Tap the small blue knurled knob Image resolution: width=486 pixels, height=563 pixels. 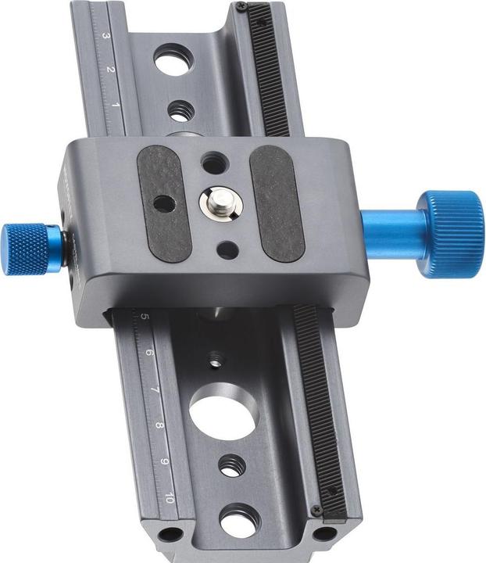(25, 249)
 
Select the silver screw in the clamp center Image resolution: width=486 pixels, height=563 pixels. (220, 203)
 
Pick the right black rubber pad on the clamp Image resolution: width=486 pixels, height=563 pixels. (277, 203)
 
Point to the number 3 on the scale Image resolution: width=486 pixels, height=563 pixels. (105, 37)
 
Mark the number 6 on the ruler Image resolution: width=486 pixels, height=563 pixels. (149, 353)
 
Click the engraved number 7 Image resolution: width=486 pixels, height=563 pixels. (155, 389)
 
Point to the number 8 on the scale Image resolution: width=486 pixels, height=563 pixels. (159, 425)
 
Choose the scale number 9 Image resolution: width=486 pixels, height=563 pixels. (165, 461)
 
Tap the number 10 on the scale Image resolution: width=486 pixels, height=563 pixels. (170, 497)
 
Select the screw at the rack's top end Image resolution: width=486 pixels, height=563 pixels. (242, 7)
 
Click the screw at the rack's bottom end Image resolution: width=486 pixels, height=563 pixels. (316, 510)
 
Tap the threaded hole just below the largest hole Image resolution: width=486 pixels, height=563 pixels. (230, 467)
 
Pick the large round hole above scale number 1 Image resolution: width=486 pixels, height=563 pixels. (172, 60)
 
